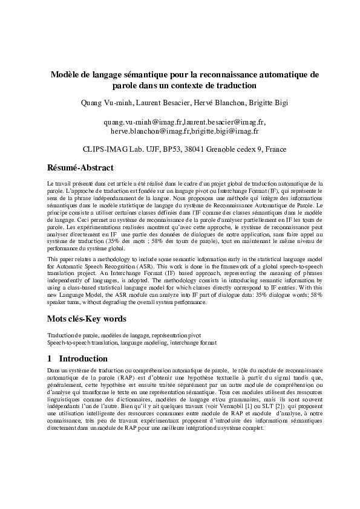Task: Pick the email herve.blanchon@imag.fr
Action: click(x=150, y=131)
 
